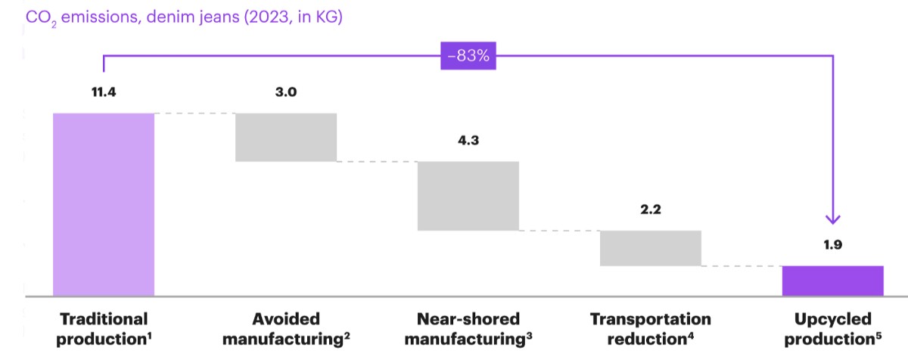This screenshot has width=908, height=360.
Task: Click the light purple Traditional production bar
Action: [x=104, y=204]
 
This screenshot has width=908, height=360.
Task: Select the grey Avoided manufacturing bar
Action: [x=286, y=138]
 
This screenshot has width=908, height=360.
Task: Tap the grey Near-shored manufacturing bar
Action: [x=468, y=196]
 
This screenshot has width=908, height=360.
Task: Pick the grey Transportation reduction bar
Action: [x=651, y=248]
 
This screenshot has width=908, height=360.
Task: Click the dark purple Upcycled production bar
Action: [x=833, y=281]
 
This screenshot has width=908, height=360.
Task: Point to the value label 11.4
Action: [x=104, y=92]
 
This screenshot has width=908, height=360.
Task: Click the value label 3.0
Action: [x=286, y=92]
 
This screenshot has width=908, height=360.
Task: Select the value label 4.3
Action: [x=468, y=141]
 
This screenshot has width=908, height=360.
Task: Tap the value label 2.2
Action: [x=651, y=209]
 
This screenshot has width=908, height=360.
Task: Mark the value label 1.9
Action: [x=833, y=244]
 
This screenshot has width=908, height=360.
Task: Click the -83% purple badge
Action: [x=468, y=55]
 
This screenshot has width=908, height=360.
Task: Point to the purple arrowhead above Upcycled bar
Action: [x=833, y=220]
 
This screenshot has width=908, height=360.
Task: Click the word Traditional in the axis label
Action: [x=104, y=319]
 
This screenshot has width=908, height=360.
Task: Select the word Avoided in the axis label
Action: [x=286, y=319]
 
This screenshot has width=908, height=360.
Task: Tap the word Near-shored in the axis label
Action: [x=468, y=319]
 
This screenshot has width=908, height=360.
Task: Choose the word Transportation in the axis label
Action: [x=651, y=319]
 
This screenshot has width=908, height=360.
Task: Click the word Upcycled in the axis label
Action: [x=833, y=320]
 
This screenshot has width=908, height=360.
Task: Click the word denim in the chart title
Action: [x=172, y=17]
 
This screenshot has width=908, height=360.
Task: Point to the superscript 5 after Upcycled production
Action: [x=878, y=336]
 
